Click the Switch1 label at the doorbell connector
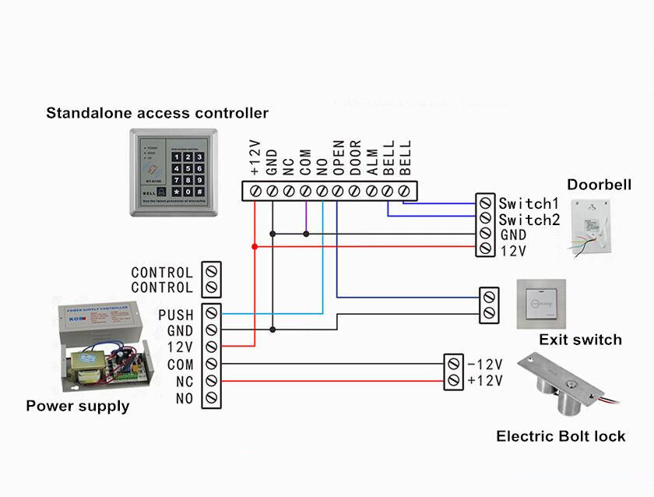click(529, 203)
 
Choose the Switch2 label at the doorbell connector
click(529, 220)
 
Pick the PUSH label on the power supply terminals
click(175, 315)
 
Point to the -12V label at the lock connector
click(485, 365)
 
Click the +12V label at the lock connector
click(485, 380)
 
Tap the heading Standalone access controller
click(157, 113)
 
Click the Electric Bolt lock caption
click(561, 436)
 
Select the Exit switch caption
click(580, 340)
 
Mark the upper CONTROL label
click(162, 273)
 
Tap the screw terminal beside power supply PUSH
click(211, 315)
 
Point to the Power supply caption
click(78, 406)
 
